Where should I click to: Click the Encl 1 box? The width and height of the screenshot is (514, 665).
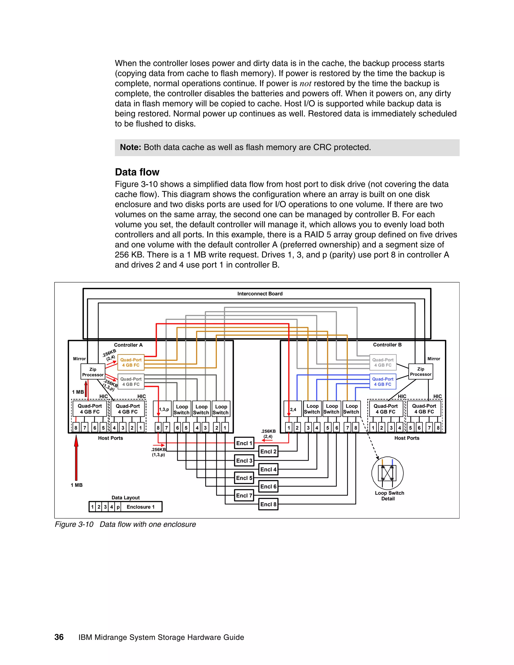pos(244,443)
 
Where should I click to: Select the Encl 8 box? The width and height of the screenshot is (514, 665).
pos(268,504)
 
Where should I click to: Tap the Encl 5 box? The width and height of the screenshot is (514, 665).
pos(244,478)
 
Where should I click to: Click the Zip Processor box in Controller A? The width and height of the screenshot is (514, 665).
pos(93,372)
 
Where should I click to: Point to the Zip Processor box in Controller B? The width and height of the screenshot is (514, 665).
pos(421,371)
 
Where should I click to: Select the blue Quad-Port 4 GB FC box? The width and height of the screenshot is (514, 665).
pos(383,381)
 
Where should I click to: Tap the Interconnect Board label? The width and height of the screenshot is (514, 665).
pos(260,294)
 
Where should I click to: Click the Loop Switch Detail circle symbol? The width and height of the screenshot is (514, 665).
pos(387,473)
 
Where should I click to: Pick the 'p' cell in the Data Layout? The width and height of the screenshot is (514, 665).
pos(118,507)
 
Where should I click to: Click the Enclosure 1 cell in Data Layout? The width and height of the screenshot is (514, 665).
pos(141,507)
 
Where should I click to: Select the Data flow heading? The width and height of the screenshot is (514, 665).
pos(137,172)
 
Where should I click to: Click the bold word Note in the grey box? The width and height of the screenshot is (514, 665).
pos(130,147)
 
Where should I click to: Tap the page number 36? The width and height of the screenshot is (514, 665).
pos(59,637)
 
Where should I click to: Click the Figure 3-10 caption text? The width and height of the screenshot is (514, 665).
pos(125,524)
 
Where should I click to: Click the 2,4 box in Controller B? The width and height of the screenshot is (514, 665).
pos(293,409)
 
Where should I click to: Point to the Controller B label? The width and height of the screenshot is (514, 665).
pos(387,345)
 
